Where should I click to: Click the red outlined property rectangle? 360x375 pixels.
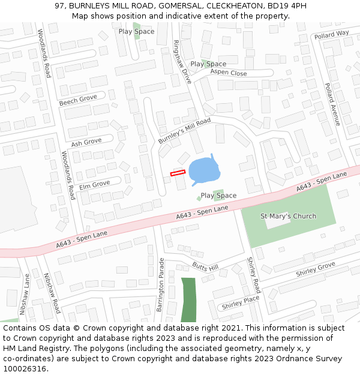(x=178, y=173)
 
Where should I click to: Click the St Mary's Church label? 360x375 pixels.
(x=288, y=216)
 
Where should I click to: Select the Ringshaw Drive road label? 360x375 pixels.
(x=181, y=61)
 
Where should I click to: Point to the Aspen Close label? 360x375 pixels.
(x=229, y=73)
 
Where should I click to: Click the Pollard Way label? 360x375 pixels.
(x=331, y=35)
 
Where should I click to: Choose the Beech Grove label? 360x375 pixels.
(x=78, y=100)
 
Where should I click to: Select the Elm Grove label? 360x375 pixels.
(x=94, y=184)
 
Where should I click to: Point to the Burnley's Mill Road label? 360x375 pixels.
(x=185, y=131)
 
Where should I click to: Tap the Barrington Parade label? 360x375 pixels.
(x=160, y=284)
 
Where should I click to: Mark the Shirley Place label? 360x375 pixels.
(x=240, y=303)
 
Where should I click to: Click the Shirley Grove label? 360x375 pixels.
(x=315, y=269)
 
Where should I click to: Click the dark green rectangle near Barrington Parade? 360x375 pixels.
(x=188, y=299)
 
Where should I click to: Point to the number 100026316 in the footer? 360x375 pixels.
(x=25, y=369)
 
